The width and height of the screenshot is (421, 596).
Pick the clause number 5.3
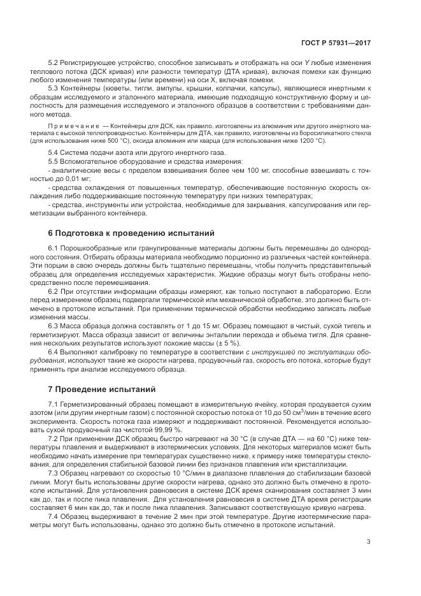coord(54,89)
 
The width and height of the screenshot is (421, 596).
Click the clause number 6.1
coord(54,247)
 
